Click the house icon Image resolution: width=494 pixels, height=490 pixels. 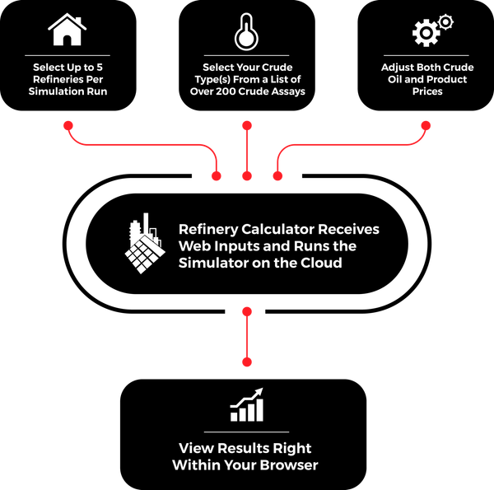tap(68, 30)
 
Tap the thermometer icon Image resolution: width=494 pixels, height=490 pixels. tap(246, 31)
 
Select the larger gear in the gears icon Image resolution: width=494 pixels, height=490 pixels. tap(423, 34)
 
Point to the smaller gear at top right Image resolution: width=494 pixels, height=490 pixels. tap(445, 21)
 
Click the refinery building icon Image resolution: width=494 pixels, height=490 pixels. tap(145, 245)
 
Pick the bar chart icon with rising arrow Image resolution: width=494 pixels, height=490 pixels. tap(246, 405)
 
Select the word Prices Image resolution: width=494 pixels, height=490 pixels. tap(427, 91)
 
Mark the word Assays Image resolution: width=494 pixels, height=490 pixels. tap(287, 91)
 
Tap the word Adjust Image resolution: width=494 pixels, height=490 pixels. tap(398, 68)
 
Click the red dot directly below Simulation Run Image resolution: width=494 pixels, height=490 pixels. tap(68, 125)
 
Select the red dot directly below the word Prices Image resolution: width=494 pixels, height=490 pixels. tap(426, 125)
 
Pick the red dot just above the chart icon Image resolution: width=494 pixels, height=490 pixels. tap(246, 362)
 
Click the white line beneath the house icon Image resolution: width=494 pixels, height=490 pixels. tap(68, 55)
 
